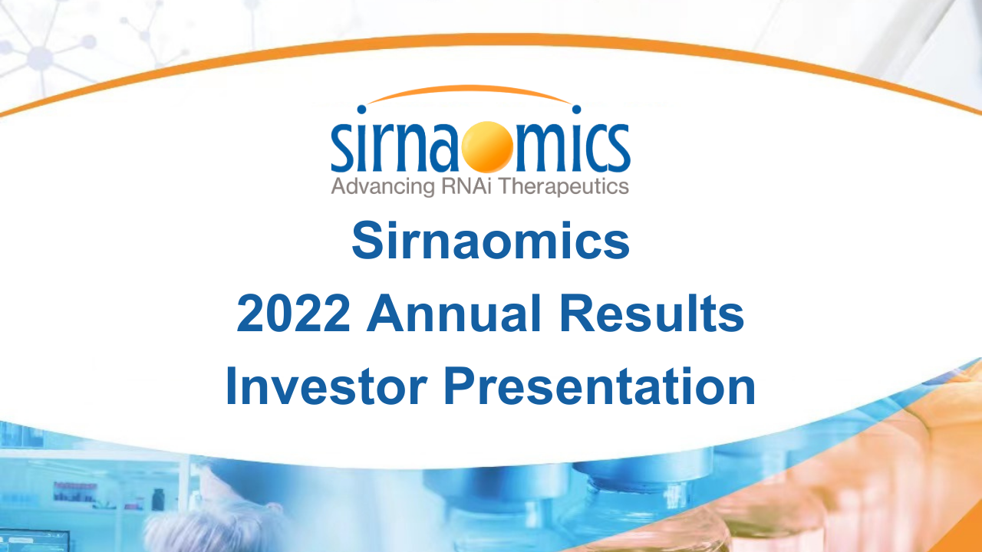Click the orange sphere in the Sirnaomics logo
pos(487,146)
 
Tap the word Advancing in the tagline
pos(383,186)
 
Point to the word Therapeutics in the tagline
pos(564,186)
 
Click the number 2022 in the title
pos(293,314)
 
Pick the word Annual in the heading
pos(454,313)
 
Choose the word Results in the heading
pos(651,313)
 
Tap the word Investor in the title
pos(326,386)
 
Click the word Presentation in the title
pos(600,386)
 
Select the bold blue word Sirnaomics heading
pos(490,241)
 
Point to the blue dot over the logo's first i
pos(361,109)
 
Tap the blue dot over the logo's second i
pos(576,109)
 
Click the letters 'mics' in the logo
pos(572,146)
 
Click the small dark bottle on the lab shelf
pos(158,499)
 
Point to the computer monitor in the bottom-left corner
pos(35,541)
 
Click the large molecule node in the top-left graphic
pos(41,58)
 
